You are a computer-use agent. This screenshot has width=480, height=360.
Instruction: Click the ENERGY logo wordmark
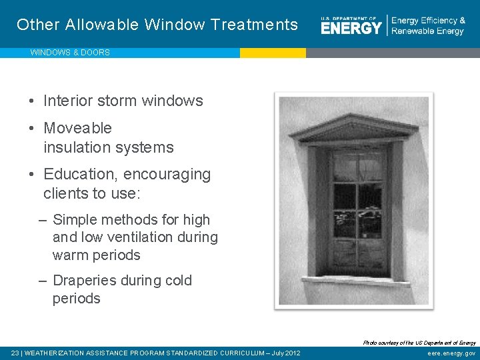pyautogui.click(x=351, y=27)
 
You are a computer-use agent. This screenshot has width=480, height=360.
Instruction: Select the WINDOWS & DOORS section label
pyautogui.click(x=70, y=53)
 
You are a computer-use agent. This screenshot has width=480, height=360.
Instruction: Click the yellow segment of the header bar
pyautogui.click(x=273, y=53)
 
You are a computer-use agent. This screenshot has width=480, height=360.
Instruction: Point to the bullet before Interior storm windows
pyautogui.click(x=32, y=101)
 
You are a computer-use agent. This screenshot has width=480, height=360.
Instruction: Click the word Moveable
pyautogui.click(x=77, y=128)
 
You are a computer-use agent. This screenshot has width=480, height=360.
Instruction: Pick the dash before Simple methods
pyautogui.click(x=43, y=220)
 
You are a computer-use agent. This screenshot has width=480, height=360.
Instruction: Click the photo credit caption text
pyautogui.click(x=419, y=343)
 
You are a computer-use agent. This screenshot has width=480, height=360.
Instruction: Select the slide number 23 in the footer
pyautogui.click(x=15, y=353)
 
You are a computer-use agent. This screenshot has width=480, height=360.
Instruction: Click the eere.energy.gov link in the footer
pyautogui.click(x=451, y=353)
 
